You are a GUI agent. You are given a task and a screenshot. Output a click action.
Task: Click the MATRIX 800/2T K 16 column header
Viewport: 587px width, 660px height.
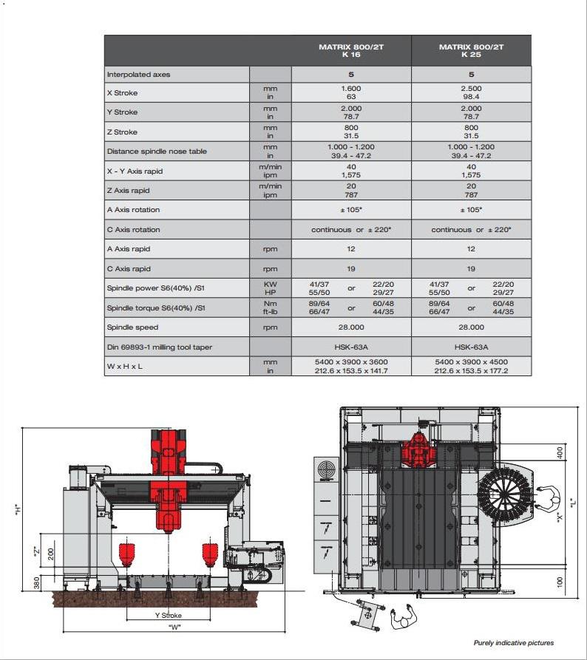pos(351,50)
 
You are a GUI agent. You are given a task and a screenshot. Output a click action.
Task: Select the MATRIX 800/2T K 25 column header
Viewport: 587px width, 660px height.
pos(471,50)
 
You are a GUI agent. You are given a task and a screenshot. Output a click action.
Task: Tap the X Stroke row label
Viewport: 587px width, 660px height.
pos(123,93)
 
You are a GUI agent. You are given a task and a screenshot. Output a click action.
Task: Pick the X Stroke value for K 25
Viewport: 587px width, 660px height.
pos(471,92)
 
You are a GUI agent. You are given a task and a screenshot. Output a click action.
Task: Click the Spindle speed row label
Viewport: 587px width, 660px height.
pos(133,327)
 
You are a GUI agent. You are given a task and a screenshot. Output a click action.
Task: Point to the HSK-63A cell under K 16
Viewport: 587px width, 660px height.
pos(351,347)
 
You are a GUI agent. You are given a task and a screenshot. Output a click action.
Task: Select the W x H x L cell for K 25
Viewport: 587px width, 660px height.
pos(471,366)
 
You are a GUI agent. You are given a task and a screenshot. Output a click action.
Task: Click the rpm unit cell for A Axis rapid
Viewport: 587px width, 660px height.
pos(270,249)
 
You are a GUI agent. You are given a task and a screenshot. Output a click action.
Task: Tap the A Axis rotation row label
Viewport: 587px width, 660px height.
pos(134,210)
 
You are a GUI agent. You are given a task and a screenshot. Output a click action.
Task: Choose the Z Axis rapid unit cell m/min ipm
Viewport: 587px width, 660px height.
pos(270,191)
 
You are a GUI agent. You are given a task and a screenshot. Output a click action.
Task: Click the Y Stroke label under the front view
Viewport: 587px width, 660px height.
pos(168,615)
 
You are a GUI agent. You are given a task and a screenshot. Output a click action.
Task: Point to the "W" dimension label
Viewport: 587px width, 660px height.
pos(174,627)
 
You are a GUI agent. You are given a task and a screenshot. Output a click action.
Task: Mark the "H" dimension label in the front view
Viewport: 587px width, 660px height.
pos(17,509)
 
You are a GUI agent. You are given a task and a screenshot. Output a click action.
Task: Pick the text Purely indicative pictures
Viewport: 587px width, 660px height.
pos(513,643)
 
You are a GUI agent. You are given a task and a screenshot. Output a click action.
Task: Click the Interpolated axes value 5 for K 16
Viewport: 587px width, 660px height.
pos(351,75)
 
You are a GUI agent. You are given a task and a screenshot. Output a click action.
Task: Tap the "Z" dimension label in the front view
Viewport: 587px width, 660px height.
pos(36,551)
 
